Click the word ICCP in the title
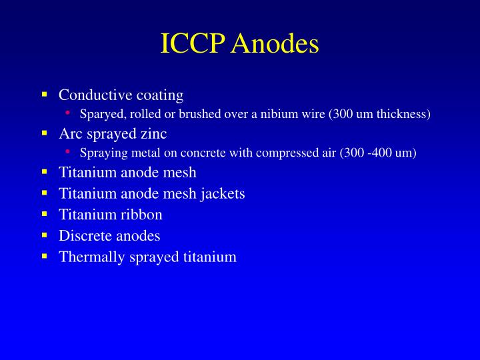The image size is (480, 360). point(191,44)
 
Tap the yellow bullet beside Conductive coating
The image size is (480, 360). point(44,94)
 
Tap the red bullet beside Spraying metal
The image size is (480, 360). point(68,152)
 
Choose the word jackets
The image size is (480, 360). point(223,193)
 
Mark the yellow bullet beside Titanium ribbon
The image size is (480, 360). point(44,214)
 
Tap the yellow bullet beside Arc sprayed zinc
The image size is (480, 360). point(44,133)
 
